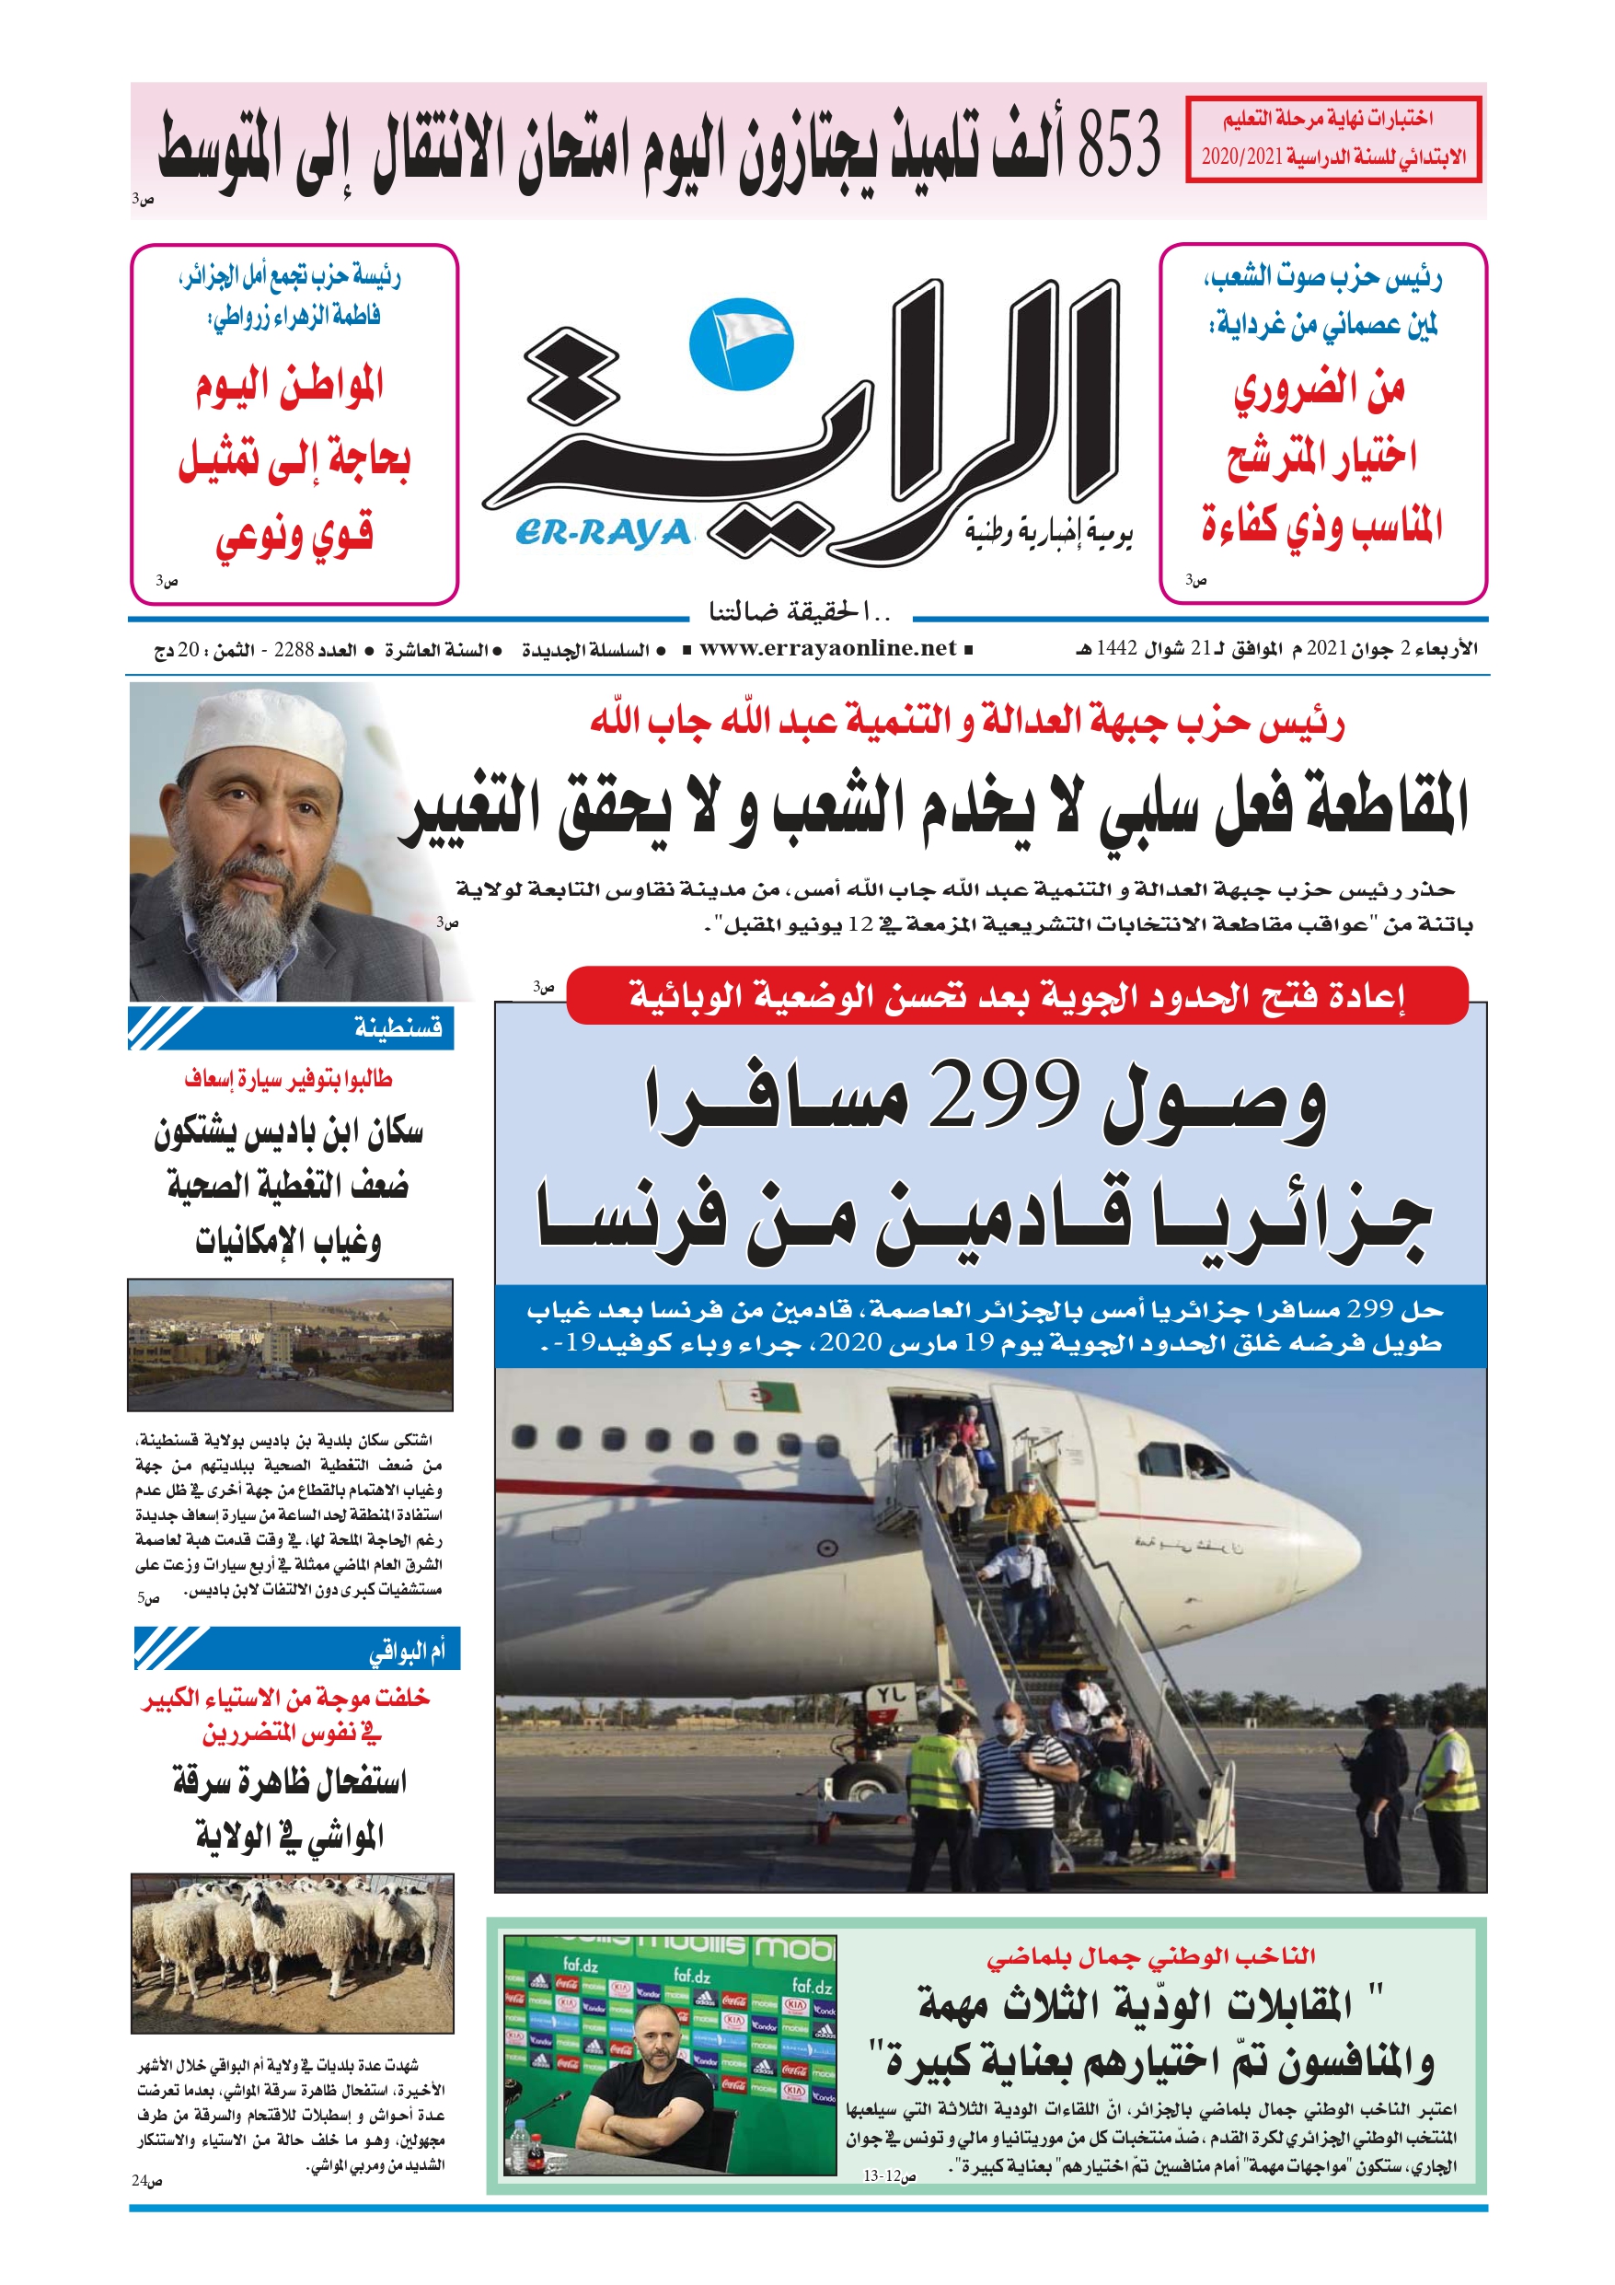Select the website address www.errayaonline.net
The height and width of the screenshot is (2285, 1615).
tap(827, 649)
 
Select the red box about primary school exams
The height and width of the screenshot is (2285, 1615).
tap(1333, 138)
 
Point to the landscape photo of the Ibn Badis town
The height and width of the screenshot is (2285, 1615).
tap(290, 1343)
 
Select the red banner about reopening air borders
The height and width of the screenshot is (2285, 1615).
tap(1016, 994)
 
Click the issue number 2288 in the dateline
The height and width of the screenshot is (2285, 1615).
tap(294, 650)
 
